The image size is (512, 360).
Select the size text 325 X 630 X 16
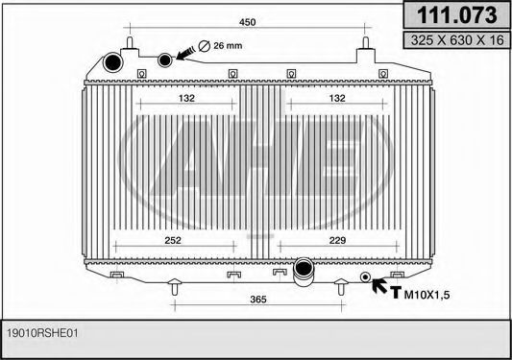pyautogui.click(x=454, y=41)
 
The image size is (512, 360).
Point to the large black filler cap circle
pyautogui.click(x=114, y=63)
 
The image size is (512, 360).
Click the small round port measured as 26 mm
pyautogui.click(x=166, y=59)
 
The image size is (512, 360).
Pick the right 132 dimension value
pyautogui.click(x=337, y=98)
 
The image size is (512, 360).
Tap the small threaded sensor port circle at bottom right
pyautogui.click(x=365, y=278)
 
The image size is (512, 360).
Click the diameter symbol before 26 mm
pyautogui.click(x=203, y=46)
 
